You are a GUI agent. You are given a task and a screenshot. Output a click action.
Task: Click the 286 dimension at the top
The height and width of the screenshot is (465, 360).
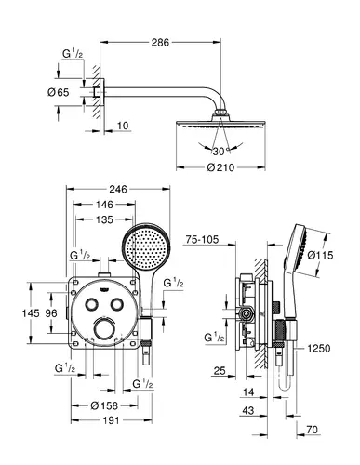[160, 43]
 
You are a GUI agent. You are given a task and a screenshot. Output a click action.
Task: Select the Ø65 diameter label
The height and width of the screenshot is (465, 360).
[59, 92]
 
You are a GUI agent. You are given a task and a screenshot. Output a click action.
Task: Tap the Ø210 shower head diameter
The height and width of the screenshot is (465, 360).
[220, 167]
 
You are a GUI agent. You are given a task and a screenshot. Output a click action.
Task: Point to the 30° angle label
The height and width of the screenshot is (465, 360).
[220, 152]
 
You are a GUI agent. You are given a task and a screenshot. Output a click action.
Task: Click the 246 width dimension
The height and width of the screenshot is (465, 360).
[118, 189]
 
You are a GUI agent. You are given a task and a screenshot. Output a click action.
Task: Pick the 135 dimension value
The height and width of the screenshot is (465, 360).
[104, 219]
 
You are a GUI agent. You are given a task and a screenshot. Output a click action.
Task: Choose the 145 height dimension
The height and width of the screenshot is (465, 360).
[31, 313]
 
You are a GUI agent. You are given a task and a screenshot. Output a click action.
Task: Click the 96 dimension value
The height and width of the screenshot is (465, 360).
[51, 313]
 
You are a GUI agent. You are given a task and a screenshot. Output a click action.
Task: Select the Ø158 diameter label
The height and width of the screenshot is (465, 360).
[104, 405]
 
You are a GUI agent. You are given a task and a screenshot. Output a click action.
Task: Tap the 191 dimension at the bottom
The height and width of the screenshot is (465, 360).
[111, 420]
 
